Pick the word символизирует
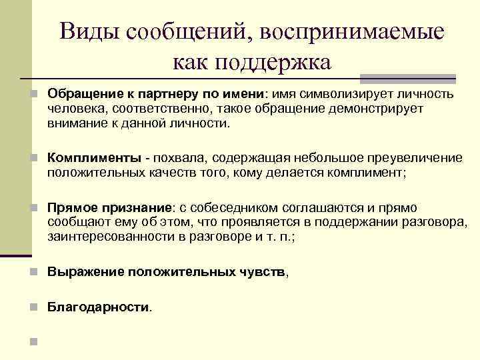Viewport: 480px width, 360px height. point(341,93)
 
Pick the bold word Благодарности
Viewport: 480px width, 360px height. point(98,307)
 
